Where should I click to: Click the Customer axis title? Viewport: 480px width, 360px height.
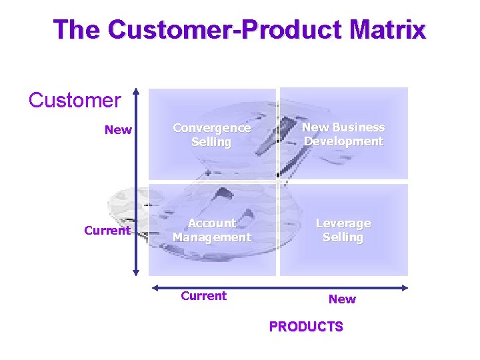tap(75, 101)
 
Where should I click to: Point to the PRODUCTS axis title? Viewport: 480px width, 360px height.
tap(306, 327)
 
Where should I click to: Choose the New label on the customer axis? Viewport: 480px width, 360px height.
tap(118, 130)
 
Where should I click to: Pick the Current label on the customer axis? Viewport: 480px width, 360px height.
tap(107, 231)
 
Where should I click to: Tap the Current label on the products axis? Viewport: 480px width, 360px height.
tap(203, 296)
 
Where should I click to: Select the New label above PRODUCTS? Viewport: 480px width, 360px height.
tap(342, 299)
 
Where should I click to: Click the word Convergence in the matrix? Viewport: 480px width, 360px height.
tap(211, 128)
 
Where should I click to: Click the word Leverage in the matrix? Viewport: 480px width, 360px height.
tap(343, 223)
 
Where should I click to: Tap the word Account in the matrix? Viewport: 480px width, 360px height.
tap(211, 223)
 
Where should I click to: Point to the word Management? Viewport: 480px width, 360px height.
tap(211, 237)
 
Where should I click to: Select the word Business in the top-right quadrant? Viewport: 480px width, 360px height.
tap(357, 127)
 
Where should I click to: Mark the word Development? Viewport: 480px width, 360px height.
tap(343, 141)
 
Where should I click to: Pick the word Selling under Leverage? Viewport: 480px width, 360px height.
tap(343, 237)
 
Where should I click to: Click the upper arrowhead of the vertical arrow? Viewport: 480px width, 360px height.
tap(136, 91)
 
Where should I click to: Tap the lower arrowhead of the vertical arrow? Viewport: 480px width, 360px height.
tap(136, 271)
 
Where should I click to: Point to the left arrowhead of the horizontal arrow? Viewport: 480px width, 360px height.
tap(154, 288)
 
